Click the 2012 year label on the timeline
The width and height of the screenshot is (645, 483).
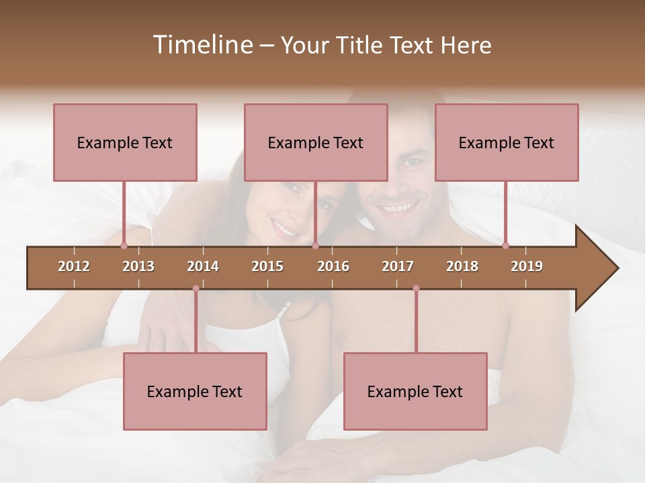coord(74,266)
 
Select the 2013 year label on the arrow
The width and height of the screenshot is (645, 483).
coord(138,266)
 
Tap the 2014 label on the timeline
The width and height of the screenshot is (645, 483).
coord(203,266)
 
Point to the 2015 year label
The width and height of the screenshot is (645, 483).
coord(267,266)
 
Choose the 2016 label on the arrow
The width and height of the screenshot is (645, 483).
coord(333,266)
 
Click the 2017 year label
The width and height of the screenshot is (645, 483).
coord(398,266)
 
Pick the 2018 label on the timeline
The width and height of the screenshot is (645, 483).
coord(462,266)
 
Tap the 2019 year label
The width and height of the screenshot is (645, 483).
coord(527,266)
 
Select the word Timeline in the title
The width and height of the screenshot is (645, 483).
coord(202,45)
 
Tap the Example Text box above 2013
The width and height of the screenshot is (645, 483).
coord(125,142)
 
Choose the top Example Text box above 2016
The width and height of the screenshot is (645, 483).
coord(316,142)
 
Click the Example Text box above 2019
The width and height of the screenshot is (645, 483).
coord(507,142)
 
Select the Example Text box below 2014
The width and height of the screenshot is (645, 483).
coord(195,391)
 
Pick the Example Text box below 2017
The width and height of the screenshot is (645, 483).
coord(415,391)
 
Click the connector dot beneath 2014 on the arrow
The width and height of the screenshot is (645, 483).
coord(196,288)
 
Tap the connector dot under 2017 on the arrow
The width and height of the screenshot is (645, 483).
coord(416,288)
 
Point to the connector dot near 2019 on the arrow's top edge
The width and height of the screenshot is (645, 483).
coord(505,246)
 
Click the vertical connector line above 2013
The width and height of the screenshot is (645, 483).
coord(124,212)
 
